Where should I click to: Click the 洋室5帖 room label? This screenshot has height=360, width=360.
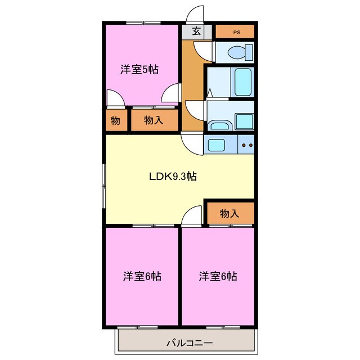[x=139, y=70]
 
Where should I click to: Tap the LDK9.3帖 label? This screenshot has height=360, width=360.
[x=173, y=176]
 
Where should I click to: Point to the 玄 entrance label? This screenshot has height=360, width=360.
[x=196, y=32]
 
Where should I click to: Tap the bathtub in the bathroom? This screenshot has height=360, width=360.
[x=242, y=82]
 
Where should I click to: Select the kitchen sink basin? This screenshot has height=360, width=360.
[x=217, y=145]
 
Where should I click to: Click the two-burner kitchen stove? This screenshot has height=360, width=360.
[x=246, y=145]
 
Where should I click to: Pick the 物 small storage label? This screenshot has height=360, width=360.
[x=115, y=120]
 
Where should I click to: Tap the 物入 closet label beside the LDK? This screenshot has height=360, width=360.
[x=229, y=213]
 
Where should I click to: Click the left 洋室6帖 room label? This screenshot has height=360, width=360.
[x=143, y=276]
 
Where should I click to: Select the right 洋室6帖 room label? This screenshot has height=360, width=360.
[x=217, y=276]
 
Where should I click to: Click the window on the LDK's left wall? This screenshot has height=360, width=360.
[x=103, y=183]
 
